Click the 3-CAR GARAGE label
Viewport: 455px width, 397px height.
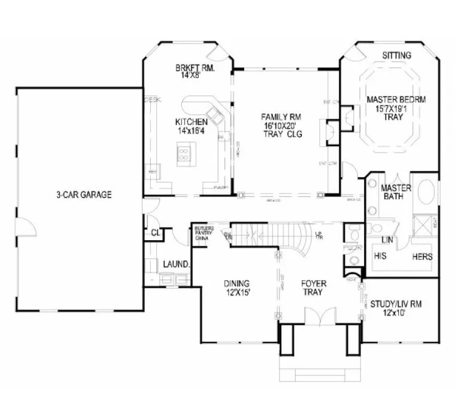tap(84, 195)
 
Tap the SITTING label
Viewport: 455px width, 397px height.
tap(397, 56)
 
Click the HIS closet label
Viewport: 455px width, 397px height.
tap(380, 256)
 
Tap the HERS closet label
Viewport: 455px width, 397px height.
tap(422, 256)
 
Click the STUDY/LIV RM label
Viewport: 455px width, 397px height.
tap(396, 308)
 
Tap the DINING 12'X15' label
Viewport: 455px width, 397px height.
tap(236, 287)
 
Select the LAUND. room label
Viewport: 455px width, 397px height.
tap(177, 264)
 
